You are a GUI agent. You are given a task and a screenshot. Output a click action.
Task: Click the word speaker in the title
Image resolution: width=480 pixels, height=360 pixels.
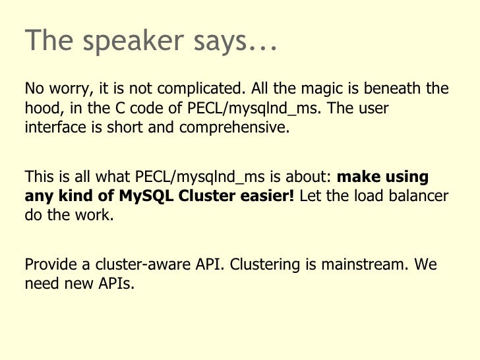point(133,42)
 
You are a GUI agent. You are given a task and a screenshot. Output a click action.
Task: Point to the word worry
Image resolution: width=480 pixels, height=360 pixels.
point(71,89)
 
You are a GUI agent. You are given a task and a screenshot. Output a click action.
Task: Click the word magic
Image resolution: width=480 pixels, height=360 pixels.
point(322,89)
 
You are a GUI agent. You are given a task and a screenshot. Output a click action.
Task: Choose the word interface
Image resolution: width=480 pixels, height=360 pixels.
point(55,127)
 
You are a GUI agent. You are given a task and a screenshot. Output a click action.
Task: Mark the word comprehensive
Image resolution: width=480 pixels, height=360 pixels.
point(234,128)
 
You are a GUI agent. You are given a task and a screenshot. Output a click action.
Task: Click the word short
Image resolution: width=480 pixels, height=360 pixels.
point(125,127)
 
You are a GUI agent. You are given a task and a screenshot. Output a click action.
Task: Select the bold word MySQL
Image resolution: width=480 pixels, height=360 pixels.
point(146,196)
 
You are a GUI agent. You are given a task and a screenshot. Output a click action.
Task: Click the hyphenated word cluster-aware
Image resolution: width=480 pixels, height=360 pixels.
point(142,264)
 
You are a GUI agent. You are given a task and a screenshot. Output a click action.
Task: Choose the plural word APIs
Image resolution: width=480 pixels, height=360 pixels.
point(116,284)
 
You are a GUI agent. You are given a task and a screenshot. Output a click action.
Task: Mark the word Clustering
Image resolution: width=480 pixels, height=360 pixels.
point(265,265)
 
